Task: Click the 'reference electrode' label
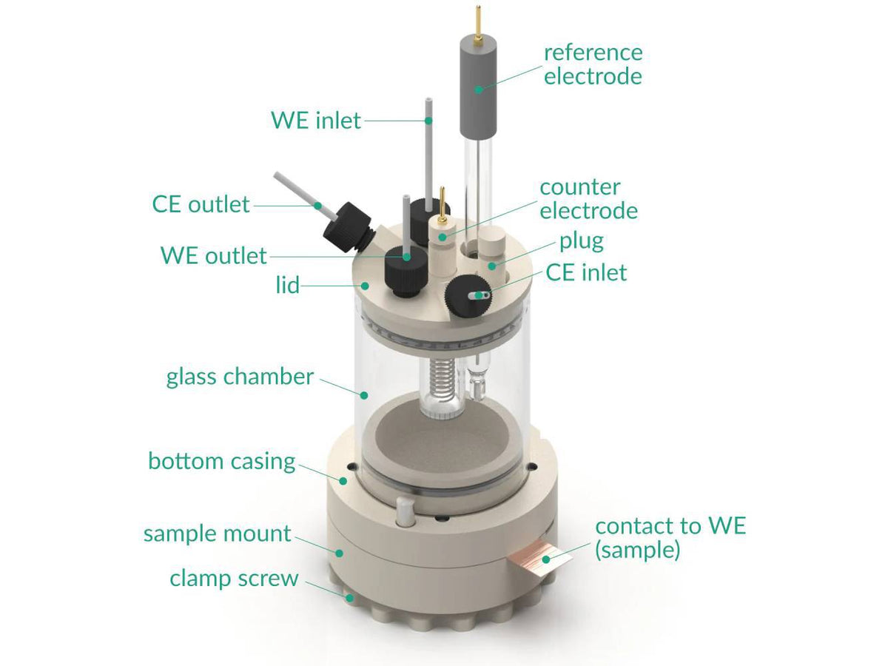tap(593, 64)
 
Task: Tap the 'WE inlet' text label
tap(316, 119)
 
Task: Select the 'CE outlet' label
tap(201, 203)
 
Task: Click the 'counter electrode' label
tap(588, 198)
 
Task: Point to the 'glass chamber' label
tap(240, 377)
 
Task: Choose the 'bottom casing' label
tap(221, 461)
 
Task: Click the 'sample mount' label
tap(217, 534)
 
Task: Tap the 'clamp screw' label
tap(234, 578)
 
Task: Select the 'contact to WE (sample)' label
tap(670, 538)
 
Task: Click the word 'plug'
tap(581, 241)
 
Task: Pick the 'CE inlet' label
tap(585, 272)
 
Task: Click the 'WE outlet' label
tap(213, 256)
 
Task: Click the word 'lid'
tap(287, 285)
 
